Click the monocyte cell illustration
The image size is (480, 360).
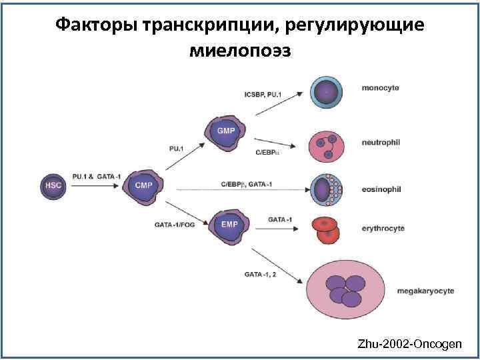(x=327, y=92)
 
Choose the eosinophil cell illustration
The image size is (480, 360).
(x=327, y=189)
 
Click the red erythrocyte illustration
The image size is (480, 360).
(x=326, y=229)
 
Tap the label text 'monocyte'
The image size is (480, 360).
(x=381, y=88)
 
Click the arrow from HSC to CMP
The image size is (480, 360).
(x=93, y=186)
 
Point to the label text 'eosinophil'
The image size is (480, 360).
(x=382, y=189)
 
